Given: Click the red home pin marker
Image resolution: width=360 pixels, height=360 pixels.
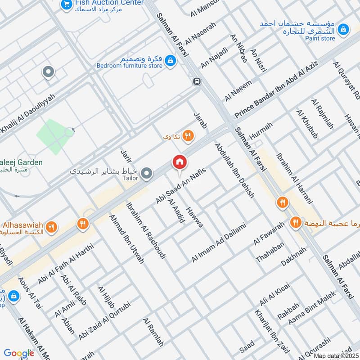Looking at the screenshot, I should [179, 162].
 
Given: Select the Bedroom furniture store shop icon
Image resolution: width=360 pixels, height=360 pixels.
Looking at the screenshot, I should [170, 59].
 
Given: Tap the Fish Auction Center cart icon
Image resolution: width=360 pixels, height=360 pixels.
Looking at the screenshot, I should [66, 4].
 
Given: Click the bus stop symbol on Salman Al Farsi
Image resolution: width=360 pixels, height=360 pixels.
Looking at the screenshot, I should [196, 81].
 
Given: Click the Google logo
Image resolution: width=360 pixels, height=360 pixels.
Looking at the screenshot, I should [19, 353].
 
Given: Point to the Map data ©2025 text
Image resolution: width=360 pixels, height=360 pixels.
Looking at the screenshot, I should [335, 355].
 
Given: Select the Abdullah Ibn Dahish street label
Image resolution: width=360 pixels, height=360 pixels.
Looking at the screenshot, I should [234, 171].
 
